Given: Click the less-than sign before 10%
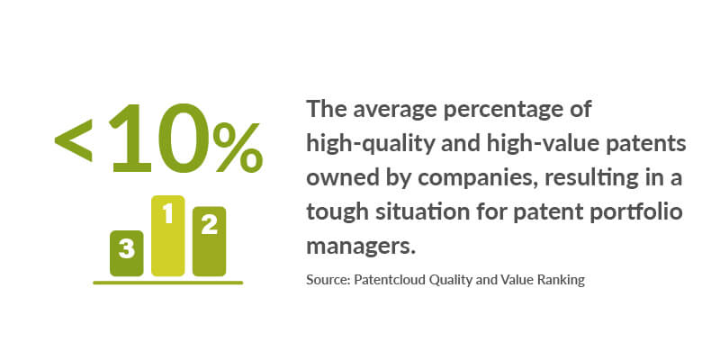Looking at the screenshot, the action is (74, 140).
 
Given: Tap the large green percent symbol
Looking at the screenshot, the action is (238, 147).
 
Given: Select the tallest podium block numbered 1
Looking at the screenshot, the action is (168, 236).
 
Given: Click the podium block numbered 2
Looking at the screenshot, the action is (209, 241).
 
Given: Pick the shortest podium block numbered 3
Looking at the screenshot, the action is (126, 253).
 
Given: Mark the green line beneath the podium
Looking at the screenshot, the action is (167, 283).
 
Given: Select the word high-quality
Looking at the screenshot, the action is (370, 145).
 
